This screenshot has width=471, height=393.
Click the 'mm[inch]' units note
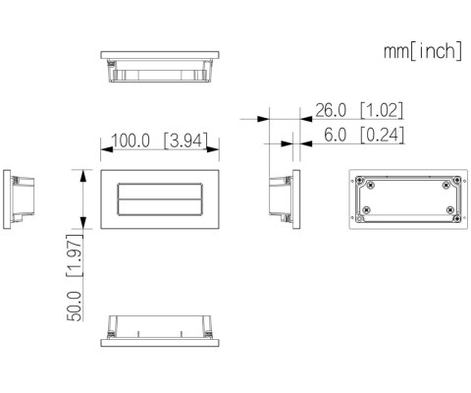(422, 51)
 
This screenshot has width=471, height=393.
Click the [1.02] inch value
(381, 111)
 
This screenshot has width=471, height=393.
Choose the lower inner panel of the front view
(160, 207)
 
